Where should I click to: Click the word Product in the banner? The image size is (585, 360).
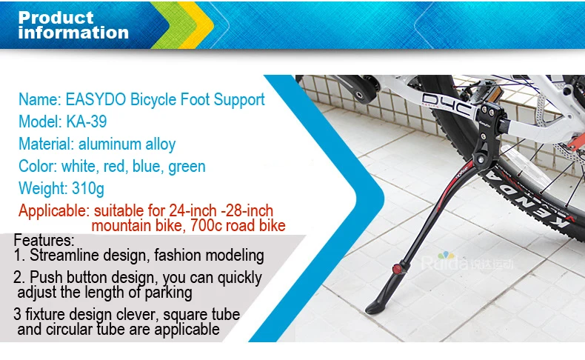tap(56, 18)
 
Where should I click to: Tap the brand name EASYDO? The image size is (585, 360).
tap(96, 99)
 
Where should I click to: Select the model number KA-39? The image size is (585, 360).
tap(87, 121)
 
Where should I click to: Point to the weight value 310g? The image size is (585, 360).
tap(88, 189)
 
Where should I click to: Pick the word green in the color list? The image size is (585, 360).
tap(187, 167)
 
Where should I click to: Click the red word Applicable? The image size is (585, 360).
tap(54, 211)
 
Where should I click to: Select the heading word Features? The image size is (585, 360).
tap(44, 240)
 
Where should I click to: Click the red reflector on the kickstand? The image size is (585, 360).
tap(397, 269)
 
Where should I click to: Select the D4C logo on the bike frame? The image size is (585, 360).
tap(449, 105)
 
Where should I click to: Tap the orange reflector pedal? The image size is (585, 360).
tap(492, 95)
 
